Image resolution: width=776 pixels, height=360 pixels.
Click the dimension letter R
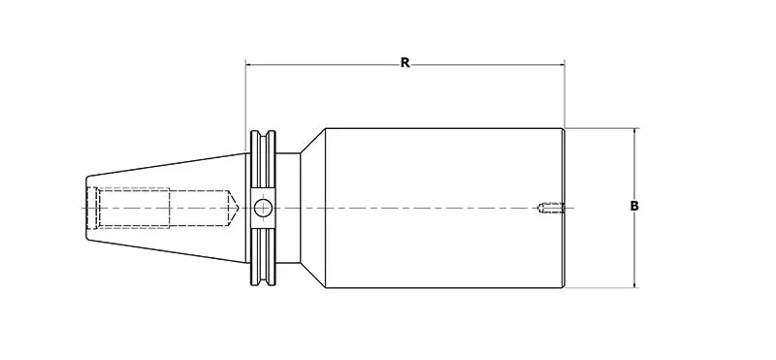coord(405,63)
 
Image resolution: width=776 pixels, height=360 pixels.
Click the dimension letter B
coord(633,206)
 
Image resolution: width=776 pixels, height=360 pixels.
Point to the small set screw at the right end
coord(549,206)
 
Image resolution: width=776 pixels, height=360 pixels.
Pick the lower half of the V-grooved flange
coord(263,256)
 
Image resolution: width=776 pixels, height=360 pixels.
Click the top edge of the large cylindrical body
coord(441,129)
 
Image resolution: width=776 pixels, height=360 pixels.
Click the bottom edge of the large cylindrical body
coord(441,287)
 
